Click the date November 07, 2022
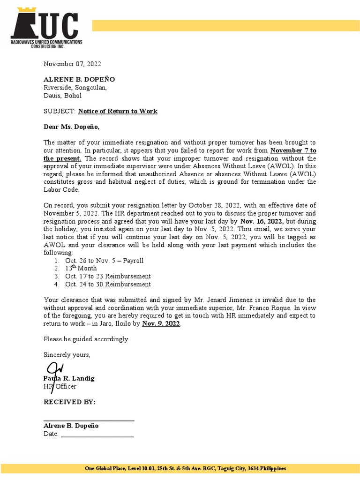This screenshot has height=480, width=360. point(72,64)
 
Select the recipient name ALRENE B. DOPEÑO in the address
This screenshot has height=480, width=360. point(79,79)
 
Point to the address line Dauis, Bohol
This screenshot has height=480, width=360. point(62,95)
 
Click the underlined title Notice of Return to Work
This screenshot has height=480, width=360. point(118,111)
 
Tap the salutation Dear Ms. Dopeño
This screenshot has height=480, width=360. point(72,127)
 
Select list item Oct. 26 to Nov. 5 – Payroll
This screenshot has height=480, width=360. point(104,260)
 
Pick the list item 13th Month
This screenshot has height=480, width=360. point(81,268)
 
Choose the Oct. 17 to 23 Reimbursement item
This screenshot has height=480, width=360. point(108,276)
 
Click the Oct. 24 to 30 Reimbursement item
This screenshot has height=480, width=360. point(108,284)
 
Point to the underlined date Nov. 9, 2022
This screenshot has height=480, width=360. point(161,323)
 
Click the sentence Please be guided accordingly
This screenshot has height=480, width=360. point(86,339)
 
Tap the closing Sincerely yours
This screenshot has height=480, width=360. point(67,354)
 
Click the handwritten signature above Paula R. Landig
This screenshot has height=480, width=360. point(54,368)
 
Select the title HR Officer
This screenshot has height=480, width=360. point(60,386)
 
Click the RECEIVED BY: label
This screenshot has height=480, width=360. point(69,402)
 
